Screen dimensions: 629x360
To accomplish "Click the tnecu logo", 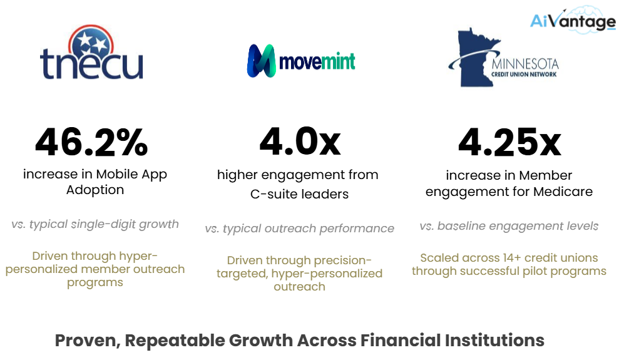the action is [x=91, y=52].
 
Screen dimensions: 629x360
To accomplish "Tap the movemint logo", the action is [x=301, y=61].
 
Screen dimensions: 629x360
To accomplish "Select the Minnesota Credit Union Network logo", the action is [x=503, y=58].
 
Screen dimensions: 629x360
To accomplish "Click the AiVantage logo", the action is [x=573, y=20].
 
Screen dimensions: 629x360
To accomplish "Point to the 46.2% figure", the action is [x=91, y=142].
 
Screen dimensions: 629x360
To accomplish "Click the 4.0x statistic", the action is [x=300, y=141].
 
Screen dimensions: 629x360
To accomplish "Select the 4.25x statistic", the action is [x=509, y=142].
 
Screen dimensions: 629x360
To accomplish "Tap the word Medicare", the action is [x=563, y=192].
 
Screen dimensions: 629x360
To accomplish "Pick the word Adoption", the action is [x=95, y=190].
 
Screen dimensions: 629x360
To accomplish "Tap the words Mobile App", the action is [x=131, y=175].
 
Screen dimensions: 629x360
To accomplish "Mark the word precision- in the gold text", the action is [x=342, y=260].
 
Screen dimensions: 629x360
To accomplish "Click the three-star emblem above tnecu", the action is [x=91, y=43].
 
